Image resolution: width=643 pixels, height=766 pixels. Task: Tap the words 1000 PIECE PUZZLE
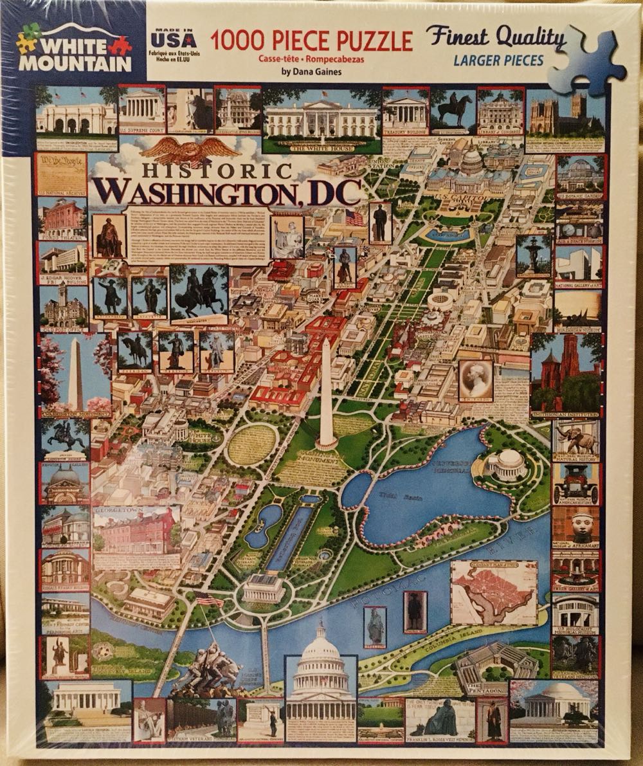(x=311, y=41)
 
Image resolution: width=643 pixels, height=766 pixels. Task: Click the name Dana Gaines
(x=311, y=72)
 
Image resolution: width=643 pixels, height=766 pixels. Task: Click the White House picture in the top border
(x=322, y=119)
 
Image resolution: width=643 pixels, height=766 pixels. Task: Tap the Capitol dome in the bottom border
(x=320, y=682)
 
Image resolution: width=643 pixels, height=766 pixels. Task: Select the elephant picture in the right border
(x=575, y=441)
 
